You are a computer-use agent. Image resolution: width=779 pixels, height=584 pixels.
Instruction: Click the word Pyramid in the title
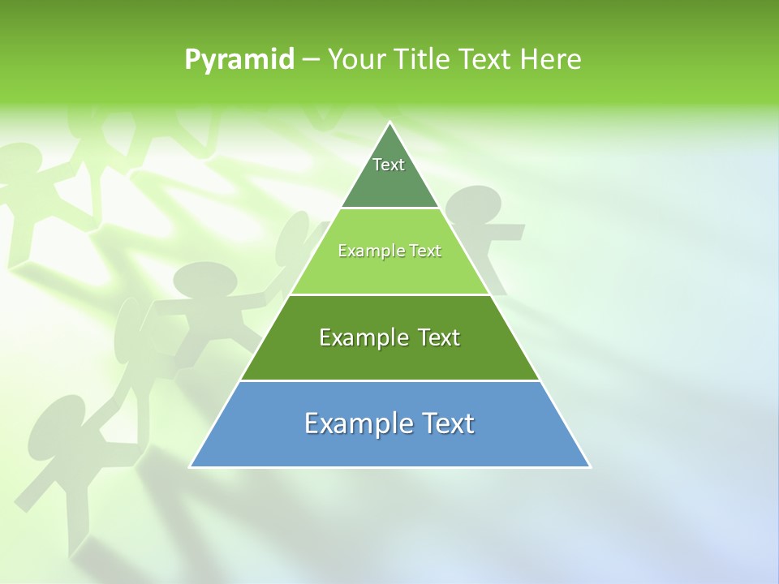point(239,60)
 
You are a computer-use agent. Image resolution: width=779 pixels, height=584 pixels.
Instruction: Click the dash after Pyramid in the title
point(311,60)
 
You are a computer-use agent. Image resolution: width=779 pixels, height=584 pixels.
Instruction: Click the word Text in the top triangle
point(389,165)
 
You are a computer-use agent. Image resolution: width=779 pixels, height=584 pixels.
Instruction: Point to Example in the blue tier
point(354,423)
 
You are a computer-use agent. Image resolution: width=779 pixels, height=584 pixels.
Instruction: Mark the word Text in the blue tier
point(445,423)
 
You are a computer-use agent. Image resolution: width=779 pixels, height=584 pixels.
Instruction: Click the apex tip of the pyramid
point(390,123)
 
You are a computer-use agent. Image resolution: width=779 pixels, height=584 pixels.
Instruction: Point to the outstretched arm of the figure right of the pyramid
point(508,234)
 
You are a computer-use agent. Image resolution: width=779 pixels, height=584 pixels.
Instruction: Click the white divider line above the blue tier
point(389,380)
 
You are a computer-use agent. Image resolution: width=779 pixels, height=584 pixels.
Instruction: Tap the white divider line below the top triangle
point(389,208)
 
